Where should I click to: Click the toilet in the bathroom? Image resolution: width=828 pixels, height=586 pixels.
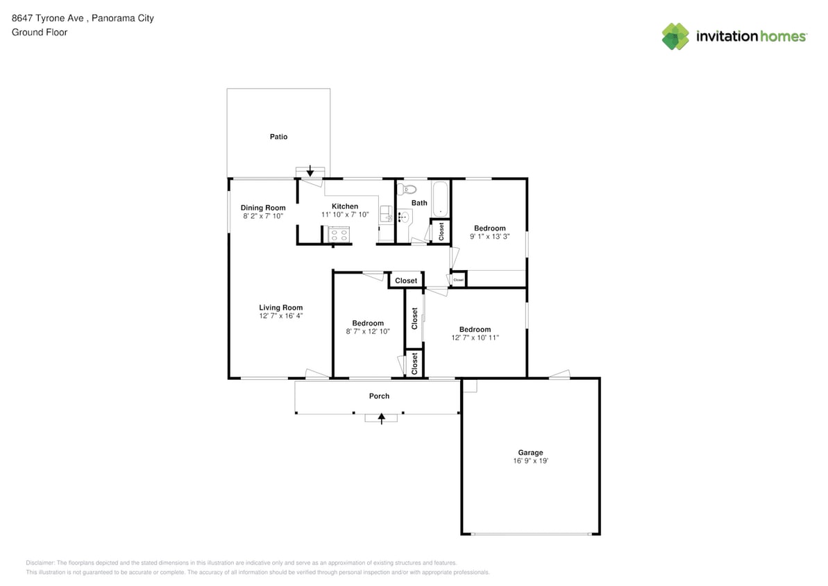[409, 189]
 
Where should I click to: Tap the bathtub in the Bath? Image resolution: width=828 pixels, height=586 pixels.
[440, 199]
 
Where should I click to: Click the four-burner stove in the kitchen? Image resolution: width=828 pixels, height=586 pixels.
[339, 235]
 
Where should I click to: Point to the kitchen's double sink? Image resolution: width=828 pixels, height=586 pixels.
[386, 215]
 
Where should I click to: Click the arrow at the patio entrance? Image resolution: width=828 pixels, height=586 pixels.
[310, 171]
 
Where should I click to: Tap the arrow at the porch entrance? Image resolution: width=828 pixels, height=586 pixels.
[381, 417]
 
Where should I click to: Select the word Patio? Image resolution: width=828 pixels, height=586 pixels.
[278, 137]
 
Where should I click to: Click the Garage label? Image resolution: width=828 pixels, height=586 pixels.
[530, 453]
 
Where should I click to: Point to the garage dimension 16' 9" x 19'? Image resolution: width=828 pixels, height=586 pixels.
[530, 461]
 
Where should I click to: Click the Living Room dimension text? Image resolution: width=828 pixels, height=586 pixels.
[280, 316]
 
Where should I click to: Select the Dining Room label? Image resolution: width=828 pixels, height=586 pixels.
[263, 208]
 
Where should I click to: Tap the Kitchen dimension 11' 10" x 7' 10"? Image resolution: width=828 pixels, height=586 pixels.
[345, 215]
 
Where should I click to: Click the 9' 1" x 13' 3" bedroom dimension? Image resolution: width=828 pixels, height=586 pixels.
[489, 237]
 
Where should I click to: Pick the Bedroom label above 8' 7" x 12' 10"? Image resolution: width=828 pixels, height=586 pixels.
[367, 323]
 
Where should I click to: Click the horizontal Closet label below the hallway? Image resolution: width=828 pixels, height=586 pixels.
[406, 281]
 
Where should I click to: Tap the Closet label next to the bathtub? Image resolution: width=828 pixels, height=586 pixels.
[441, 231]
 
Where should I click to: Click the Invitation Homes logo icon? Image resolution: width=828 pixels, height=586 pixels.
[675, 37]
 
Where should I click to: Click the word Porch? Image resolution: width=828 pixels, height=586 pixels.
[379, 396]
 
